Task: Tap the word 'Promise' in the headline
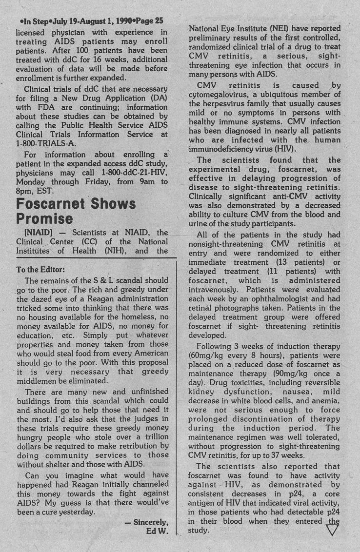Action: coord(44,218)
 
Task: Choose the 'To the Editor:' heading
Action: coord(40,269)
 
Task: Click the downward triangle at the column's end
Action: coord(332,530)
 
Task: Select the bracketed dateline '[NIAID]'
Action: coord(32,232)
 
